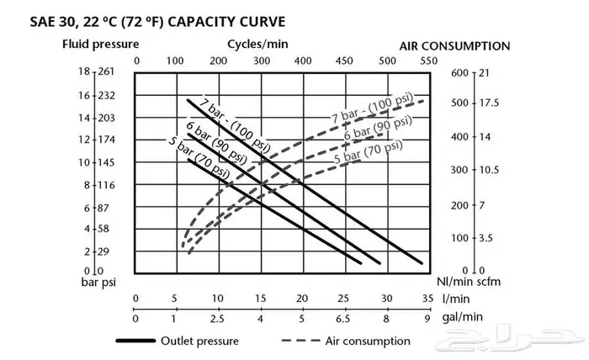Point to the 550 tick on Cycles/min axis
coord(427,61)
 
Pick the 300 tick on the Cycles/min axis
coord(261,61)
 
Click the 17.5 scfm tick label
coord(490,103)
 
